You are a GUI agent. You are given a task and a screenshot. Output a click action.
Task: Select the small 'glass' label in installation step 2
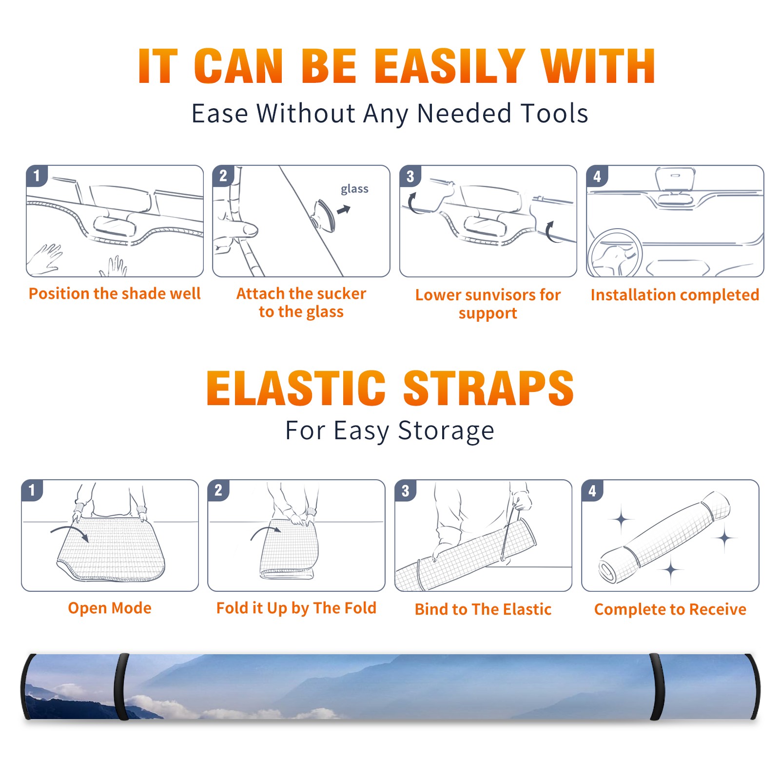coord(354,189)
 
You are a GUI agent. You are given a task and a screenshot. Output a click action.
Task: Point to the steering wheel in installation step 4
coord(615,253)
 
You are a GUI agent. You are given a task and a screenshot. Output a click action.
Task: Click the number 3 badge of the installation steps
coord(410,176)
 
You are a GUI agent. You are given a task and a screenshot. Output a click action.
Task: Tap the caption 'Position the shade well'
coord(115,293)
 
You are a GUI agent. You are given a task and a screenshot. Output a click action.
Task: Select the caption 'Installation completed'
coord(675,295)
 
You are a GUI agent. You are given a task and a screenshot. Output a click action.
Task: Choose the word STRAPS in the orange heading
coord(488,388)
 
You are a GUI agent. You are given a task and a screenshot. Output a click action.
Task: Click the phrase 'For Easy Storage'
coord(390,430)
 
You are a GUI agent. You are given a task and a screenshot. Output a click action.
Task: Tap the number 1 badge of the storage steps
coord(32,490)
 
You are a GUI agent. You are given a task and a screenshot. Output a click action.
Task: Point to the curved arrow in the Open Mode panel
coord(70,532)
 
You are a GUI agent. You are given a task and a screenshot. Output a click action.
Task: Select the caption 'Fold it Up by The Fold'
coord(296,608)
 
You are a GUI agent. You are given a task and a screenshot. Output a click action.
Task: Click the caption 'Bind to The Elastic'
coord(483,609)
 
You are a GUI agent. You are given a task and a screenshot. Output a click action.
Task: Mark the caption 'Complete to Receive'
coord(670,609)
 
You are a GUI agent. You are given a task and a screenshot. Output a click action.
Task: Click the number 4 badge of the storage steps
coord(592,490)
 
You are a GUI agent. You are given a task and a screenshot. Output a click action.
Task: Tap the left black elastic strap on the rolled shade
coord(121,686)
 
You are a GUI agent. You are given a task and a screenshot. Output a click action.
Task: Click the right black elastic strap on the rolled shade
coord(657,686)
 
